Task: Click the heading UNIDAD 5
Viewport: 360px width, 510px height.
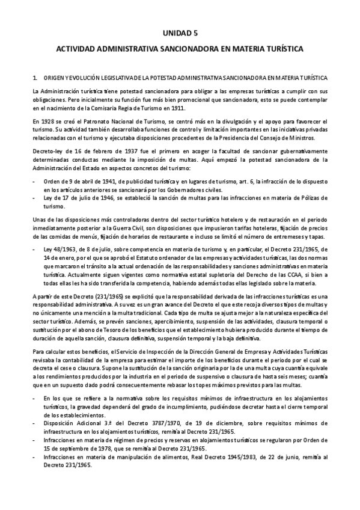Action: click(x=179, y=34)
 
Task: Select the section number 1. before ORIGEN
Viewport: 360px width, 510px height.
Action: click(x=35, y=78)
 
